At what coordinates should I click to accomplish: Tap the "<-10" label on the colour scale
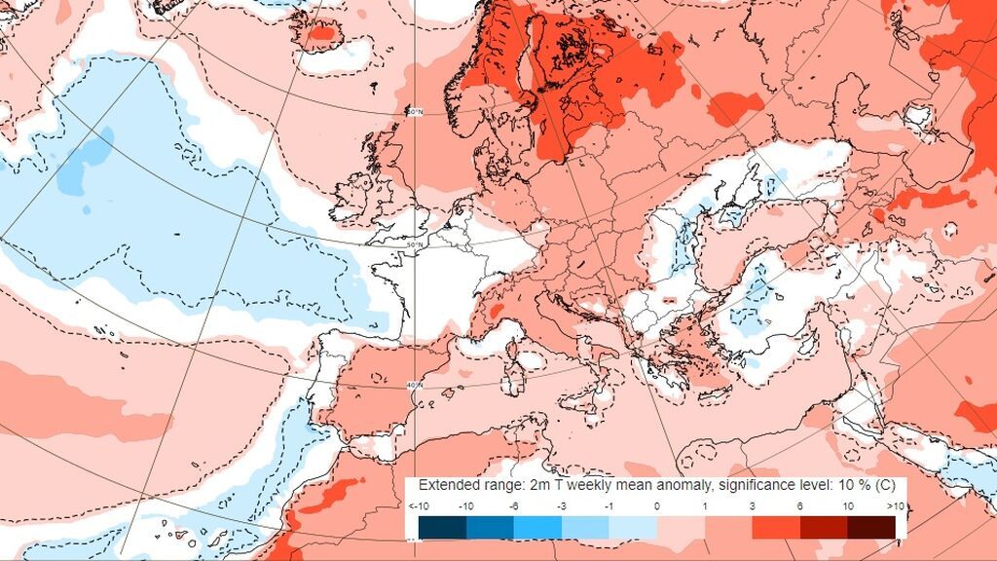419,505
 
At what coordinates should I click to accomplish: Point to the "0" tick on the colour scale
657,505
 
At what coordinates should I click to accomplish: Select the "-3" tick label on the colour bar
563,505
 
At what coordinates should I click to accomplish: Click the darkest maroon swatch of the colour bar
871,527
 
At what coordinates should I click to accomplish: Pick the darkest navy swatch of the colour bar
442,527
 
